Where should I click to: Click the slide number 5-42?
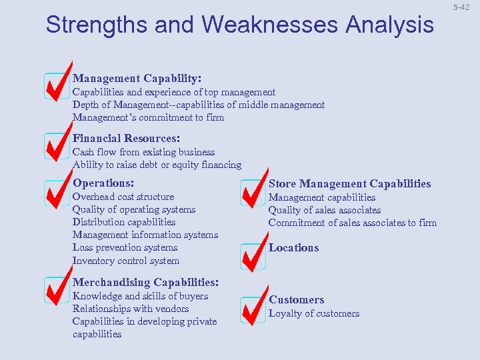(x=461, y=7)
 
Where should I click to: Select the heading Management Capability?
(x=137, y=78)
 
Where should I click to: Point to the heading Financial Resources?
(x=126, y=138)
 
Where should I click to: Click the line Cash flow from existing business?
(x=143, y=152)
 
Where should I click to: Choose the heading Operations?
(x=103, y=183)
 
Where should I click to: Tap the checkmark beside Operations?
(x=57, y=191)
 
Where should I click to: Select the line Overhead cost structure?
(x=123, y=197)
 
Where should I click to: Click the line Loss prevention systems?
(x=125, y=247)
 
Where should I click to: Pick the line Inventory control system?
(x=126, y=261)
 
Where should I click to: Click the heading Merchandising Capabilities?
(x=145, y=282)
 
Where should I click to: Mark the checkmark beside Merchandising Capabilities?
(x=57, y=287)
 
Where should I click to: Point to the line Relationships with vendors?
(x=131, y=309)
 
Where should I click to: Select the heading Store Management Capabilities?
(x=349, y=183)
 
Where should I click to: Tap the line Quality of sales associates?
(x=325, y=210)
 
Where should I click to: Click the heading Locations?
(x=294, y=247)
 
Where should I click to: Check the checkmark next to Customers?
(x=253, y=307)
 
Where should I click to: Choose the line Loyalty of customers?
(x=314, y=313)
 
